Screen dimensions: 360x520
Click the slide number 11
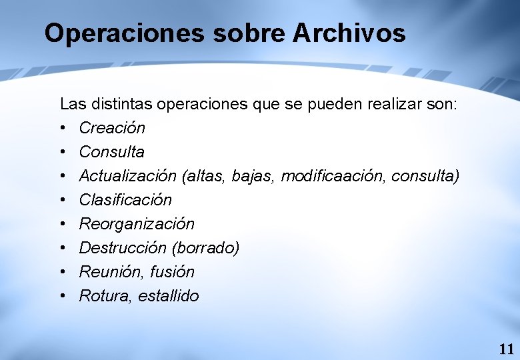506,349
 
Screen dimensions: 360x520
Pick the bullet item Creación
112,127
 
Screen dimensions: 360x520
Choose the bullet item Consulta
111,151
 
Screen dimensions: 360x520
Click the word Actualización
127,175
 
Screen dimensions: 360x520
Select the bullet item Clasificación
125,199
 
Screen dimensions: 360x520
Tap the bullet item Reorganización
137,223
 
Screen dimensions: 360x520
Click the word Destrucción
123,247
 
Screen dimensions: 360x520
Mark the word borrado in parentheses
205,247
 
